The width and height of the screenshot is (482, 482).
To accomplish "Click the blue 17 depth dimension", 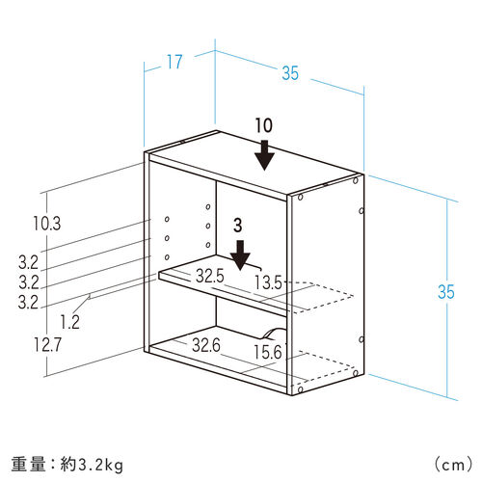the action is pyautogui.click(x=174, y=62).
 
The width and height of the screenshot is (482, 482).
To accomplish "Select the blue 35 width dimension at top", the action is pyautogui.click(x=290, y=73).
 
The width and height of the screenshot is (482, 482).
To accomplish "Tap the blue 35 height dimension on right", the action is pyautogui.click(x=446, y=292).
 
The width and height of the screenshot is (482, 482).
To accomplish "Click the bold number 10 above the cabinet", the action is pyautogui.click(x=264, y=125).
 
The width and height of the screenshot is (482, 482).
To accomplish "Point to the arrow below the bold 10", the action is pyautogui.click(x=264, y=155).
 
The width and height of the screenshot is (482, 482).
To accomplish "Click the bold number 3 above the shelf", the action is pyautogui.click(x=238, y=226).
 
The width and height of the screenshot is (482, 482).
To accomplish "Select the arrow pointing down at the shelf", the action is pyautogui.click(x=240, y=255).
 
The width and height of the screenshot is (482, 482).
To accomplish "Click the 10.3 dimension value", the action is pyautogui.click(x=47, y=224).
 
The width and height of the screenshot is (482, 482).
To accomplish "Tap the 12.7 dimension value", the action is pyautogui.click(x=47, y=345).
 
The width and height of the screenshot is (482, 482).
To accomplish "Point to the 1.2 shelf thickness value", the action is pyautogui.click(x=70, y=322).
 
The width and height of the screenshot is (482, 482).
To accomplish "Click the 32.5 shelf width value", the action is pyautogui.click(x=210, y=276).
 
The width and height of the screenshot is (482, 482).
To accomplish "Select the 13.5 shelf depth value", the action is pyautogui.click(x=268, y=282).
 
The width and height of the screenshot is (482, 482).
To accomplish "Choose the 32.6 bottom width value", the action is pyautogui.click(x=206, y=345).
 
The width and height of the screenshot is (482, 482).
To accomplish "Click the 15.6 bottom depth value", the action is pyautogui.click(x=268, y=352).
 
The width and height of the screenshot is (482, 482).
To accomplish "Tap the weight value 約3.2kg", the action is pyautogui.click(x=92, y=465).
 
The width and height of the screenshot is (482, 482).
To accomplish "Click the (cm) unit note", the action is pyautogui.click(x=453, y=465).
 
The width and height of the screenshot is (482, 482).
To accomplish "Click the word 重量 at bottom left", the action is pyautogui.click(x=28, y=465).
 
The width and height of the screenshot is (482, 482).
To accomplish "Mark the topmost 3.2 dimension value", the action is pyautogui.click(x=28, y=263).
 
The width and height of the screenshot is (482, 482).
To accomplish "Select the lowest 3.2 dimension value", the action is pyautogui.click(x=28, y=302).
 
